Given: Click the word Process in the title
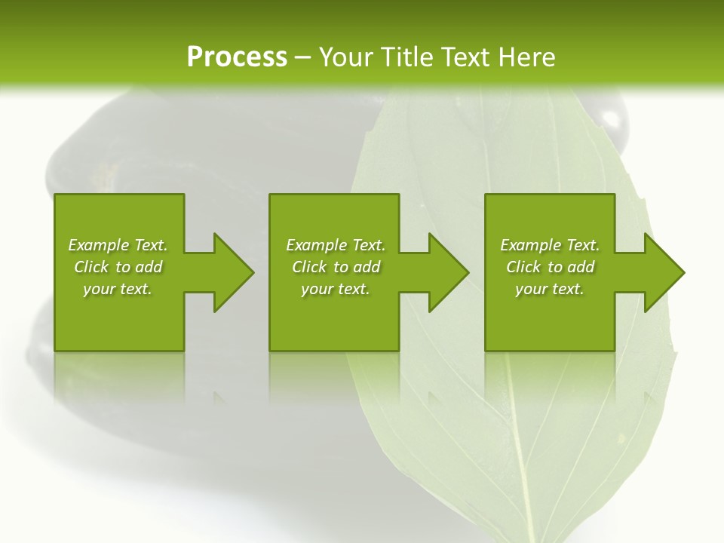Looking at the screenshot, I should pos(237,57).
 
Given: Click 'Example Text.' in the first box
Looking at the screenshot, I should pos(118,245).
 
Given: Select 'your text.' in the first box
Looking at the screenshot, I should pos(118,289).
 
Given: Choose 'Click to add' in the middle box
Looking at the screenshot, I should pos(336,267).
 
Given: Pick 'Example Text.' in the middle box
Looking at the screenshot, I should pos(336,245).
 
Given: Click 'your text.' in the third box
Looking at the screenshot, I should pos(550,289).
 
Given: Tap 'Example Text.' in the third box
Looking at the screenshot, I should pos(550,245).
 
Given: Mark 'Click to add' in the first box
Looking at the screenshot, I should pos(118,267).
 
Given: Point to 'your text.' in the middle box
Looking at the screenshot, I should pos(336,289).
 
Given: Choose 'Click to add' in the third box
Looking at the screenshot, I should pos(550,267).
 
